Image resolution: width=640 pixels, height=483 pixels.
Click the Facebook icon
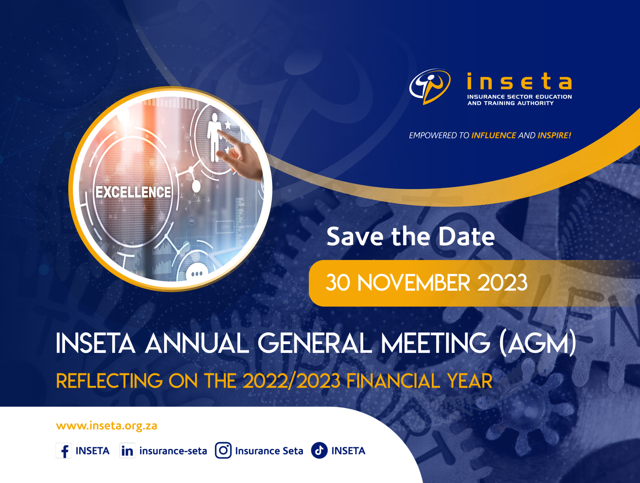click(x=64, y=451)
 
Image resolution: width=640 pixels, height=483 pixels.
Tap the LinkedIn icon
click(x=127, y=451)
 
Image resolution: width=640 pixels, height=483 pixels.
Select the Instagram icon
click(x=223, y=451)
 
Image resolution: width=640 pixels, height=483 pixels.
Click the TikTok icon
click(x=319, y=451)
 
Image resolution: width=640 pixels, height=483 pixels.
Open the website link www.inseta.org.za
click(x=107, y=426)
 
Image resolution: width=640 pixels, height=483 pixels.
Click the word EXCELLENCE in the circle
click(x=133, y=192)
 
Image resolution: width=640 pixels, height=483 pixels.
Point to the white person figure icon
click(x=215, y=138)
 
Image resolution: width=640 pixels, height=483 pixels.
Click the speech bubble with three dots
click(x=197, y=273)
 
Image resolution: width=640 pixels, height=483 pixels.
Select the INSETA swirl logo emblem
click(x=430, y=86)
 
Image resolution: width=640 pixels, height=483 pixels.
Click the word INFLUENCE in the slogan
click(x=493, y=135)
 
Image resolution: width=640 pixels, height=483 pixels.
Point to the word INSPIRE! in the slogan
click(x=554, y=135)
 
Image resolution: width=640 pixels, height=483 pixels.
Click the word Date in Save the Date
click(x=467, y=237)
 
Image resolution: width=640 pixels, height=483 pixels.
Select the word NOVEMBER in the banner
click(x=414, y=283)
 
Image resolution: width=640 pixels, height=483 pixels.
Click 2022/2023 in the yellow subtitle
click(x=292, y=381)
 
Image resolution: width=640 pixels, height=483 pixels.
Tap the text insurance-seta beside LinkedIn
click(x=173, y=451)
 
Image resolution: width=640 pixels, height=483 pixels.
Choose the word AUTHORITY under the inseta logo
click(x=535, y=103)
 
